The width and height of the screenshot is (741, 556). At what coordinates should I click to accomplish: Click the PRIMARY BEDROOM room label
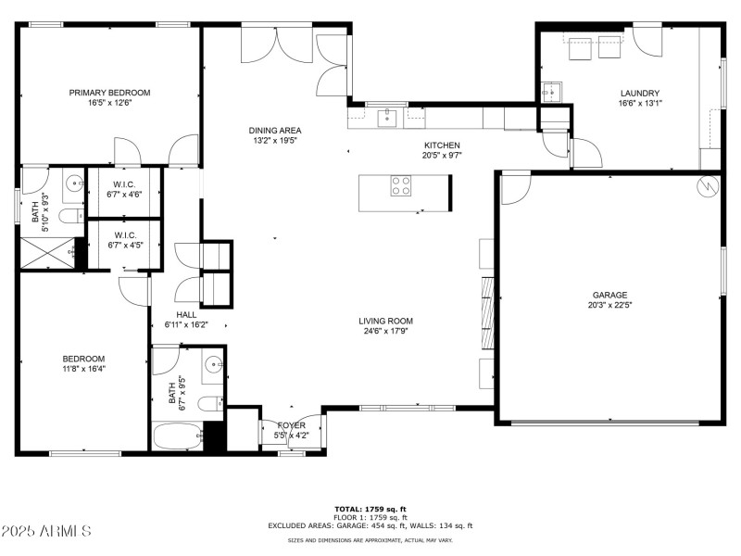[109, 93]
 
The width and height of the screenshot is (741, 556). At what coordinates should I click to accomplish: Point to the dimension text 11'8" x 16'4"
[83, 368]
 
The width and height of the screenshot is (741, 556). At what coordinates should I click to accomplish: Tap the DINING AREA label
[275, 131]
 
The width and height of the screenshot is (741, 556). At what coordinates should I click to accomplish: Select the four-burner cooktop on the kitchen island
[402, 185]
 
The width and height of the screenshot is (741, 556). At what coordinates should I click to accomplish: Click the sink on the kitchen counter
[387, 118]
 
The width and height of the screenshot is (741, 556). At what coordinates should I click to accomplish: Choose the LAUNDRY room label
[639, 94]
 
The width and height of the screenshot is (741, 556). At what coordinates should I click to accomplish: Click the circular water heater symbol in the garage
[708, 186]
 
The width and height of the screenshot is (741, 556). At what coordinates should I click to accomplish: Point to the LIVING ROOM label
[386, 322]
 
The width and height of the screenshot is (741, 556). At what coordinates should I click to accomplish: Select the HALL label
[186, 315]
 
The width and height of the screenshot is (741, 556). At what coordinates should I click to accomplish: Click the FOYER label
[292, 425]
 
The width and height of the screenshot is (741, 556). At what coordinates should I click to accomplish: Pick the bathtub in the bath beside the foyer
[178, 436]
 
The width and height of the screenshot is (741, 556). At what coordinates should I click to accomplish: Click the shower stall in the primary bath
[48, 253]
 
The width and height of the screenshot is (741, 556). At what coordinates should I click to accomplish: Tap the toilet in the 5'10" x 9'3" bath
[68, 217]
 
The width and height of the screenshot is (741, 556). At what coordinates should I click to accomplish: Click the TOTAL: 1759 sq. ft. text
[370, 509]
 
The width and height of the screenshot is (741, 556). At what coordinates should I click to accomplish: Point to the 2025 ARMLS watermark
[46, 531]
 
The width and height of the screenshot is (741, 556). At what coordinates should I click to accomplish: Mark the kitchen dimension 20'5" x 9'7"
[442, 156]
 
